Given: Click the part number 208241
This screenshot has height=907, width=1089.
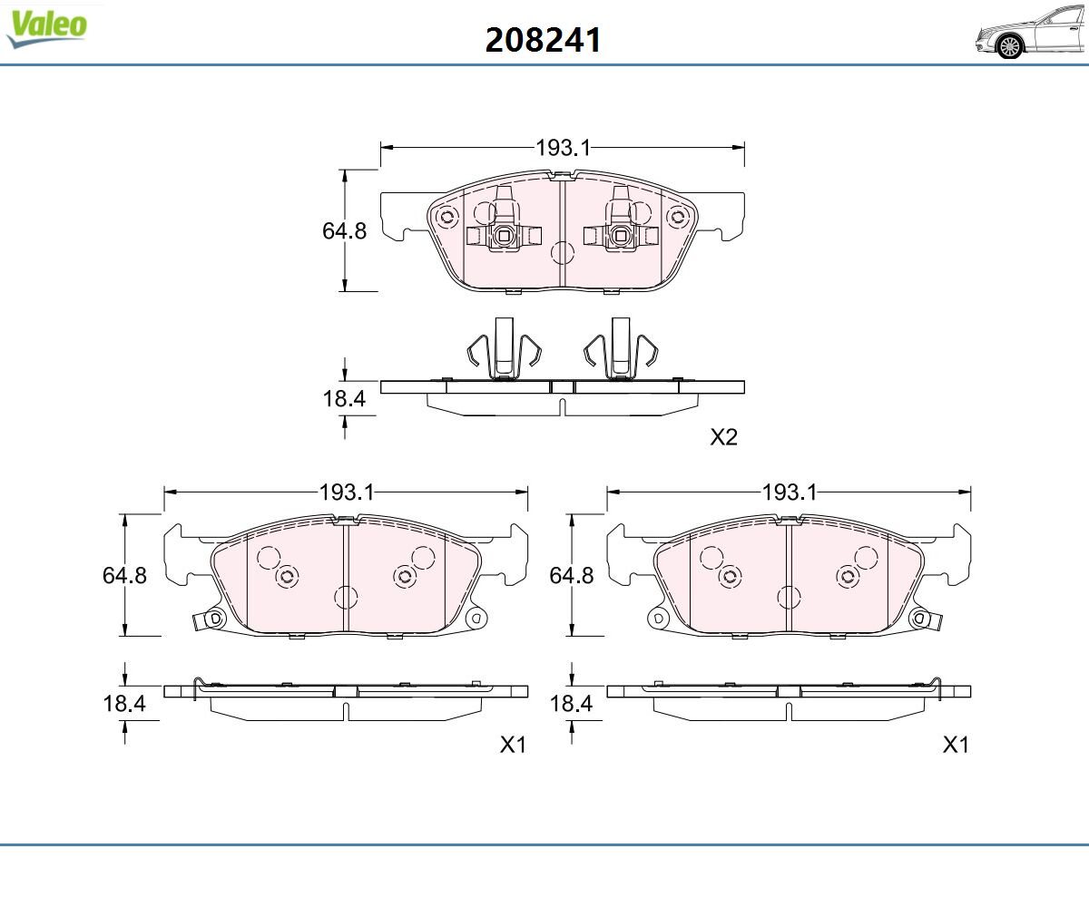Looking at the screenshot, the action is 543,40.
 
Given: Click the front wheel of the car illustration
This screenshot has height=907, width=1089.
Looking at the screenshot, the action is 1009,46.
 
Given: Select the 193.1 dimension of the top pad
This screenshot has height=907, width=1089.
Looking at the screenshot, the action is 564,148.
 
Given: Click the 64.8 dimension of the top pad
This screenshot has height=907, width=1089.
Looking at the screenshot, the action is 344,231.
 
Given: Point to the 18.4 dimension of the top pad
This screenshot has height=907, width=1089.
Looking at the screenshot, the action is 344,399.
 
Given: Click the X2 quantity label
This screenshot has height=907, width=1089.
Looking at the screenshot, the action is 724,437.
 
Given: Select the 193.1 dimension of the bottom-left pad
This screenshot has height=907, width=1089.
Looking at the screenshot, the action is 347,493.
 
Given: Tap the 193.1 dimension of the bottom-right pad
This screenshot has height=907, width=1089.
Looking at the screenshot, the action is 790,493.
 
